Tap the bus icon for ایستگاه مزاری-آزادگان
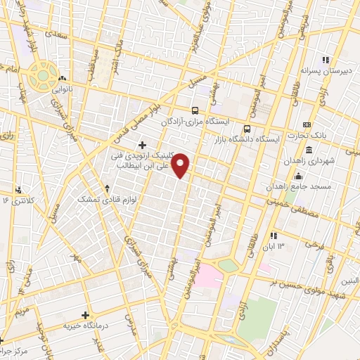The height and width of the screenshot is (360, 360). click(x=195, y=110)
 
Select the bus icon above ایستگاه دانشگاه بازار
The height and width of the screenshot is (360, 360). click(x=247, y=129)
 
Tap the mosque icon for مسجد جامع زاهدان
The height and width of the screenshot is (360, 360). click(x=299, y=176)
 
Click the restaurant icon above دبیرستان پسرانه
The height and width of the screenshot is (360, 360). click(x=325, y=60)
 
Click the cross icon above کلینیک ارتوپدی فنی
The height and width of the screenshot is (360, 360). click(x=143, y=145)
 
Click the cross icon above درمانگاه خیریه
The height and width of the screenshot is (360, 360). click(x=86, y=316)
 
